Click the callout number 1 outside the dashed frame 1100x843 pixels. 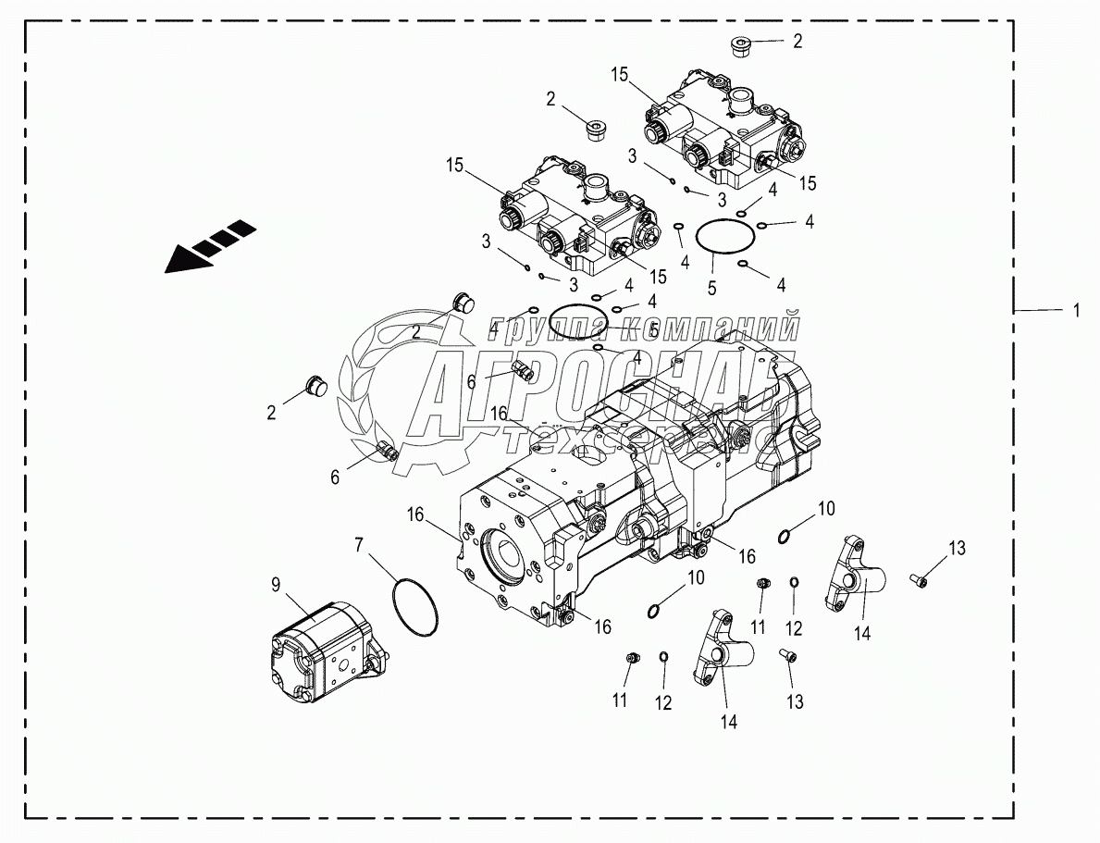click(x=1075, y=312)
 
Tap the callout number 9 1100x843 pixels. click(x=276, y=585)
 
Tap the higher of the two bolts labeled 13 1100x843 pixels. click(x=918, y=580)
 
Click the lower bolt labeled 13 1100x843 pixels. click(x=787, y=656)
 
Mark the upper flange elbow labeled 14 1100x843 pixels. click(x=855, y=576)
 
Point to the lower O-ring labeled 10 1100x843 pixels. click(x=654, y=609)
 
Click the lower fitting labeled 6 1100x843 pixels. click(x=389, y=452)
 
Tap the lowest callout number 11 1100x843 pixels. click(x=620, y=700)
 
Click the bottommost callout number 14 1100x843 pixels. click(x=729, y=722)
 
